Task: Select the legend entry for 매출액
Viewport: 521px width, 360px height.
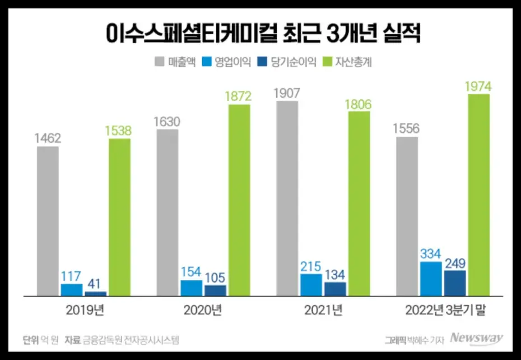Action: pos(174,62)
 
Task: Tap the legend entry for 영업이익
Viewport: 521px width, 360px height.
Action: pos(227,62)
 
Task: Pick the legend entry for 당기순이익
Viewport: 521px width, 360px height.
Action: pos(286,62)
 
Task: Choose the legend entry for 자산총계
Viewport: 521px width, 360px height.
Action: pos(347,62)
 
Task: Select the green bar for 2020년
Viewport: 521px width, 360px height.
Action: pos(239,200)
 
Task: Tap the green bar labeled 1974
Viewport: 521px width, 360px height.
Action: pos(478,194)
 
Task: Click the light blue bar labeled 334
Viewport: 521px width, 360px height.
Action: pos(430,278)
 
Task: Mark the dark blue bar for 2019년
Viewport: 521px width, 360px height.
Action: pos(95,293)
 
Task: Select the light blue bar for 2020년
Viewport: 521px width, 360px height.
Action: pos(191,287)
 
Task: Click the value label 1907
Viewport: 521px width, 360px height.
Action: pos(287,93)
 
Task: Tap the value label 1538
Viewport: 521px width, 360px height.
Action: pos(119,130)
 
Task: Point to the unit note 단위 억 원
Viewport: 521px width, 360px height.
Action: pos(39,339)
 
